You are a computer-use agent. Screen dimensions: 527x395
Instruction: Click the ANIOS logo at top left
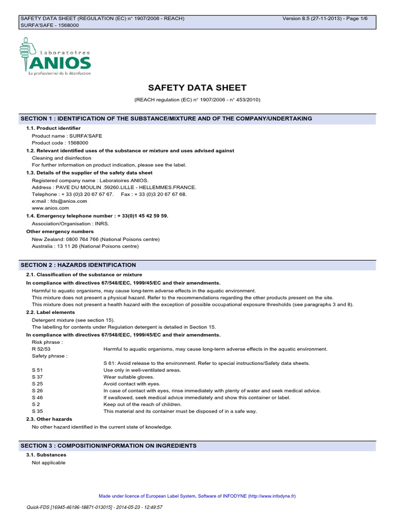point(56,58)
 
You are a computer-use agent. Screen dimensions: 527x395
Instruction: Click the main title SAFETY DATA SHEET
point(197,87)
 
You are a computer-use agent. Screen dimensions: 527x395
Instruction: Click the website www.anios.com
point(50,208)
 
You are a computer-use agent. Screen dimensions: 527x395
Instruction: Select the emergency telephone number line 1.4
point(97,216)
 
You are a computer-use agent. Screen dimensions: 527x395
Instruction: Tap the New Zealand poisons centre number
point(96,239)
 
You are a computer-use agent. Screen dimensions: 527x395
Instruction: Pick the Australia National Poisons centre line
point(85,246)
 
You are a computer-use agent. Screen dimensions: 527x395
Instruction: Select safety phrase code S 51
point(37,370)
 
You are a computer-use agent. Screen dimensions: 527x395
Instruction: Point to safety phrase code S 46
point(37,397)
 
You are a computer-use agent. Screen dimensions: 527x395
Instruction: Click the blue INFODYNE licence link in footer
point(197,496)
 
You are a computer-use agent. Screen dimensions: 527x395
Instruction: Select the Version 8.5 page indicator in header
point(328,19)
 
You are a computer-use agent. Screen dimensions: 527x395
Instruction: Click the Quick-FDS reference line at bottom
point(94,507)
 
